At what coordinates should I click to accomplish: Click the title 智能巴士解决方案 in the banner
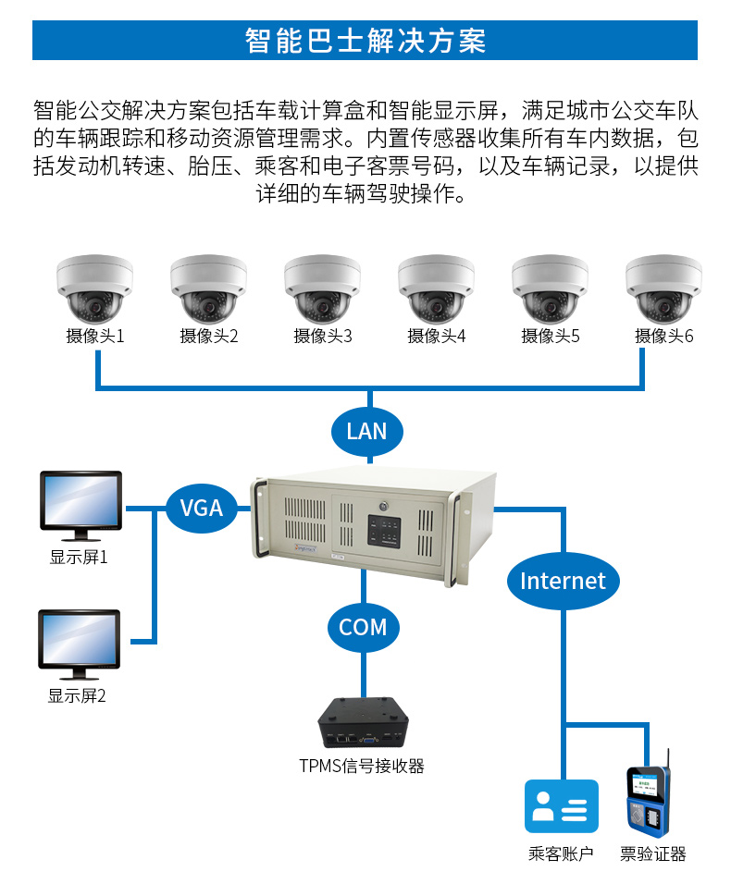(x=365, y=42)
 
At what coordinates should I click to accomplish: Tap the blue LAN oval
(x=366, y=431)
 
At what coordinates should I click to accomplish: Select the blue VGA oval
(x=201, y=508)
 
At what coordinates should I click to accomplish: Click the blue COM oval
(x=363, y=627)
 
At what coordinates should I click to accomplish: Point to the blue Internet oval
(x=562, y=581)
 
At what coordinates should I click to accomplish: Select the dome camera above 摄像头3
(x=322, y=288)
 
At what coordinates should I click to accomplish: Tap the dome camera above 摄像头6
(x=663, y=288)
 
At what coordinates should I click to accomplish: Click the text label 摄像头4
(x=436, y=337)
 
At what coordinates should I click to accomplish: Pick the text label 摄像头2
(x=208, y=337)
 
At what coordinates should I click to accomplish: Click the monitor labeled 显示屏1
(x=81, y=505)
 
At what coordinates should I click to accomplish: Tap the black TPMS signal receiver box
(x=363, y=723)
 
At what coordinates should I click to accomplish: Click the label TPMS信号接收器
(x=362, y=766)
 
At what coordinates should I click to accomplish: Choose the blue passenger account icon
(x=562, y=806)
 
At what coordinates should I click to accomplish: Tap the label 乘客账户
(x=561, y=854)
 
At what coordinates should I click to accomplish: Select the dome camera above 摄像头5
(x=550, y=288)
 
